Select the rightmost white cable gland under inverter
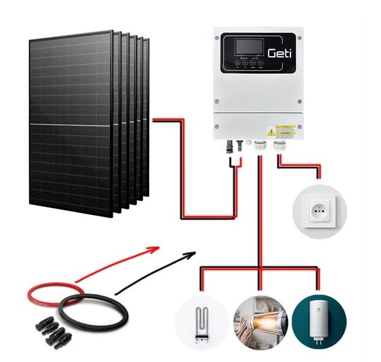pyautogui.click(x=280, y=146)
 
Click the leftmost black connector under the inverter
pyautogui.click(x=230, y=146)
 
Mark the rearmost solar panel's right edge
pyautogui.click(x=149, y=121)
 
